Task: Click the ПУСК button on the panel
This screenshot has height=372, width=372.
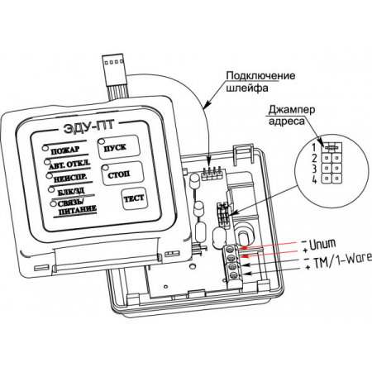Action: (x=118, y=147)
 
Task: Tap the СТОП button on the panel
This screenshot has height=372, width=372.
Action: (x=123, y=174)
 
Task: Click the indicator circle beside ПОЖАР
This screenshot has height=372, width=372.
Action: (x=45, y=148)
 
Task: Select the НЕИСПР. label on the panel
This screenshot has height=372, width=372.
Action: (x=70, y=178)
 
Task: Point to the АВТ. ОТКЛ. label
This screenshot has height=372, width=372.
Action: (x=69, y=165)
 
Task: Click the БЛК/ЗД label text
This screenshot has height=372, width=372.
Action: (x=71, y=191)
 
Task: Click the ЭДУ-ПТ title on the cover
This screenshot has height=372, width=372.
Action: (x=88, y=127)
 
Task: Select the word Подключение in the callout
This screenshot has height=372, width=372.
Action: (x=260, y=75)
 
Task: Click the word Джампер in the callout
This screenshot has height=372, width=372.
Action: (x=292, y=110)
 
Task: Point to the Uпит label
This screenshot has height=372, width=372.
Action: (x=322, y=244)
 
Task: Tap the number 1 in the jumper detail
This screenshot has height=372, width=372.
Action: (x=314, y=148)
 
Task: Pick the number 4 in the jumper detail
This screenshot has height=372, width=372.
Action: (x=314, y=180)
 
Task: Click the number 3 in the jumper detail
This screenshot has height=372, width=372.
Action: (x=314, y=169)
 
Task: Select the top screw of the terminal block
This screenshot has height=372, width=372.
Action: (x=231, y=250)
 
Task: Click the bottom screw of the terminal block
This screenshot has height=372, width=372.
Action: (x=233, y=274)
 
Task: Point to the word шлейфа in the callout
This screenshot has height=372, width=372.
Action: (x=247, y=88)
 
